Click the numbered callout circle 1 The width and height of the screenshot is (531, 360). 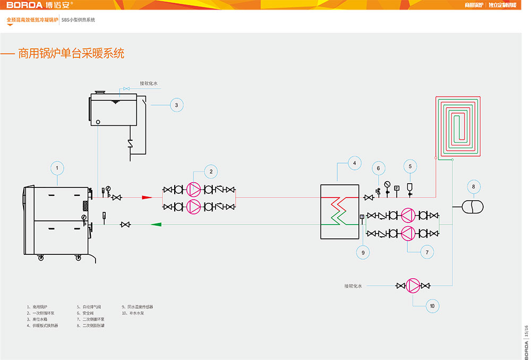57,168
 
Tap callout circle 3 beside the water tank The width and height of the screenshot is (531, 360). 177,105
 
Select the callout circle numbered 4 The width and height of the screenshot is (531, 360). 354,163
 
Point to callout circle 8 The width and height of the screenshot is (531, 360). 473,186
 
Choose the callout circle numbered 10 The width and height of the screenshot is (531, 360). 432,306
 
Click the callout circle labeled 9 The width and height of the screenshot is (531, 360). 363,253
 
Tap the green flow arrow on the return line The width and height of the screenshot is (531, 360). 156,225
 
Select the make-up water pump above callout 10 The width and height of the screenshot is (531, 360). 413,286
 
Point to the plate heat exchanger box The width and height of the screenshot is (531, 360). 340,211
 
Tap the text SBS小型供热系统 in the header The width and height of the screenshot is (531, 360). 78,20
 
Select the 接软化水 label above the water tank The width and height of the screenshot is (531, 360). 149,83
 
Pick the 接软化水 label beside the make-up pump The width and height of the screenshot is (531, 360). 353,286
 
